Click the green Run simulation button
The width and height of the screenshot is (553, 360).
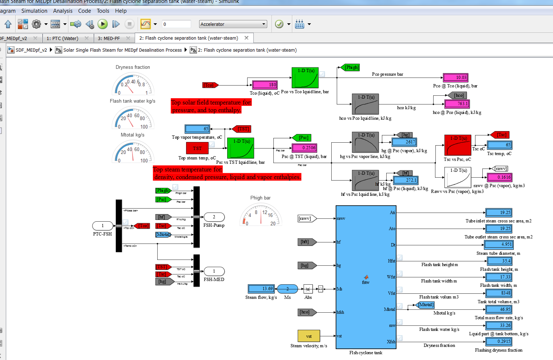tap(103, 24)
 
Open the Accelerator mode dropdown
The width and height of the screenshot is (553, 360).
tap(233, 24)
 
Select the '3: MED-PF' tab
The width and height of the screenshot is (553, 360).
tap(109, 38)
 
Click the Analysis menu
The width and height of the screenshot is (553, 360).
tap(63, 11)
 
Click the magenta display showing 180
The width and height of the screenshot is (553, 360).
tap(265, 85)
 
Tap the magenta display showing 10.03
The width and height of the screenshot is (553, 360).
tap(455, 78)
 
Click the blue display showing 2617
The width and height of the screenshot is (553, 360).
tap(404, 142)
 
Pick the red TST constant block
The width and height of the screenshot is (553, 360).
tap(197, 148)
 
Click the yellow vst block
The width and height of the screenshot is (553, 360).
tap(309, 336)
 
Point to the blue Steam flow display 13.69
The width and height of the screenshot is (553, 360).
tap(261, 289)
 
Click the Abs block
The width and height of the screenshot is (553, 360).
tap(308, 289)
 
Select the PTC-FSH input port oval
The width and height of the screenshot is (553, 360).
tap(103, 226)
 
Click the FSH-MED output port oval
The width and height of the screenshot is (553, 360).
tap(214, 271)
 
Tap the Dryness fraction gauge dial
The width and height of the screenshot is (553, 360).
tap(133, 84)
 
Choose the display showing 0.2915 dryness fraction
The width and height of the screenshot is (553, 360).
tap(498, 341)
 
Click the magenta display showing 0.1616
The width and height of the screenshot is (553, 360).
tap(499, 177)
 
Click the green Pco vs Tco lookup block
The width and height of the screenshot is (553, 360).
tap(305, 78)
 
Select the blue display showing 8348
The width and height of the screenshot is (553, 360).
tap(499, 293)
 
